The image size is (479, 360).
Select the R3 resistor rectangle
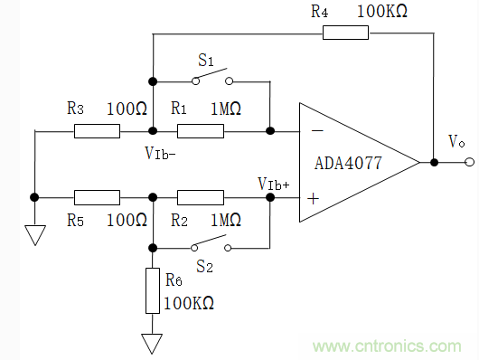coord(97,131)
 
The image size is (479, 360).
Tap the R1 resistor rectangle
coord(201,131)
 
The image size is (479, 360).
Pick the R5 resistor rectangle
coord(97,195)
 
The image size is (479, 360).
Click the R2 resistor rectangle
coord(201,195)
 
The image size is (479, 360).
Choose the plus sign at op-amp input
coord(313,195)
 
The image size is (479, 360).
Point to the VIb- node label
coord(160,151)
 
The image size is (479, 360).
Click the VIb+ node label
coord(273,184)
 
